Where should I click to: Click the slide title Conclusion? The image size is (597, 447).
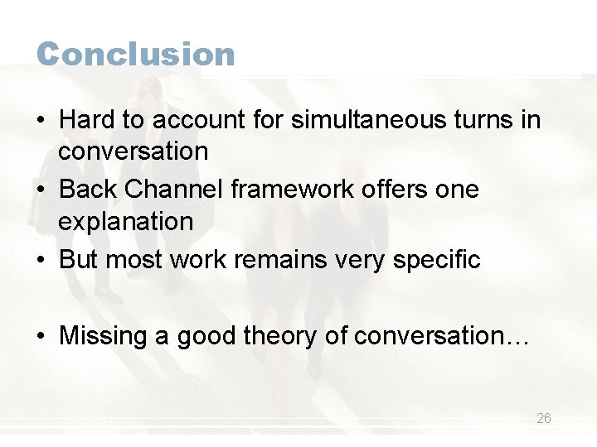pyautogui.click(x=136, y=55)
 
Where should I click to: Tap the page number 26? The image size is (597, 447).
pyautogui.click(x=543, y=419)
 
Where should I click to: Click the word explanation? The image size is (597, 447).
pyautogui.click(x=125, y=222)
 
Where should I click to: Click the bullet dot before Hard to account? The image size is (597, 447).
pyautogui.click(x=41, y=121)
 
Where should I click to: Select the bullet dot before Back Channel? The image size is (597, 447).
pyautogui.click(x=41, y=190)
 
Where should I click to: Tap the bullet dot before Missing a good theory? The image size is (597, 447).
pyautogui.click(x=41, y=337)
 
